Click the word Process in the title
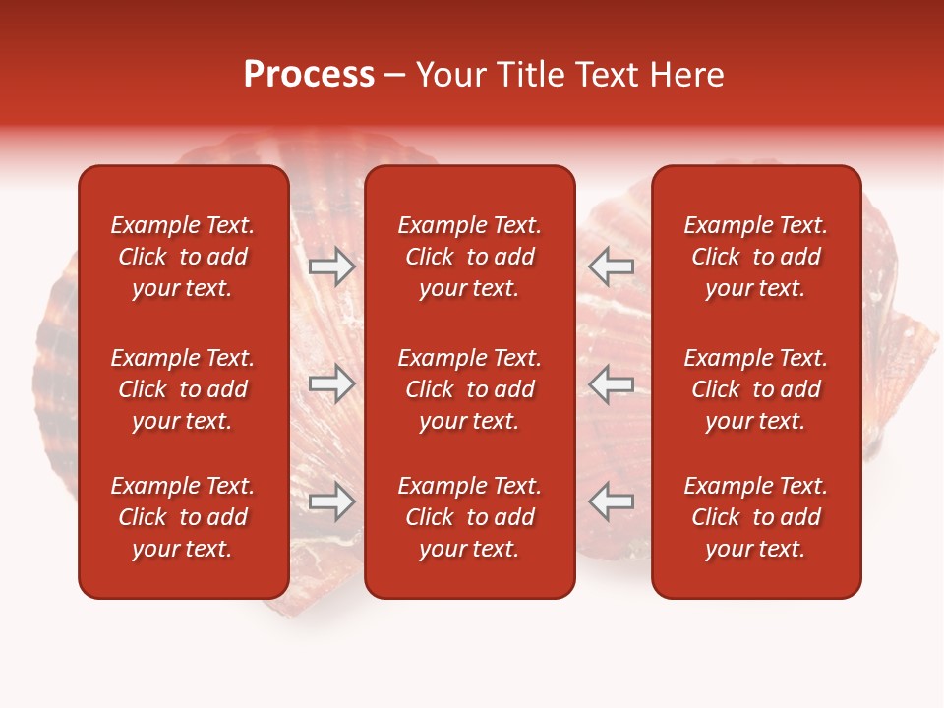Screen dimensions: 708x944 (x=309, y=75)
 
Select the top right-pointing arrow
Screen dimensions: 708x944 (x=331, y=265)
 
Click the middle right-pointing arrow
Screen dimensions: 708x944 (x=331, y=383)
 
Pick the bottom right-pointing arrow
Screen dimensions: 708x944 (x=331, y=501)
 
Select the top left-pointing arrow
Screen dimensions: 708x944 (x=612, y=265)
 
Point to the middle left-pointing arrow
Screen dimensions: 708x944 (x=612, y=383)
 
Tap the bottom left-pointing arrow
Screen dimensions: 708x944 (x=612, y=501)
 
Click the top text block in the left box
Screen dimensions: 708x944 (x=183, y=257)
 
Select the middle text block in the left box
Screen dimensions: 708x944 (x=183, y=389)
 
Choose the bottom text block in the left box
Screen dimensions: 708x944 (x=183, y=517)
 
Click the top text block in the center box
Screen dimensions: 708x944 (x=469, y=257)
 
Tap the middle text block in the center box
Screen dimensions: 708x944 (x=469, y=389)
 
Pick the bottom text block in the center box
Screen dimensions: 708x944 (x=469, y=517)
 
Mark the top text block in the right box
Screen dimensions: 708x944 (x=755, y=257)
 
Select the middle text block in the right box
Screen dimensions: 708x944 (x=755, y=389)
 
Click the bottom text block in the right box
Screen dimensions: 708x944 (x=755, y=517)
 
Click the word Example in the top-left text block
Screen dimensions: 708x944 (x=153, y=226)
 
